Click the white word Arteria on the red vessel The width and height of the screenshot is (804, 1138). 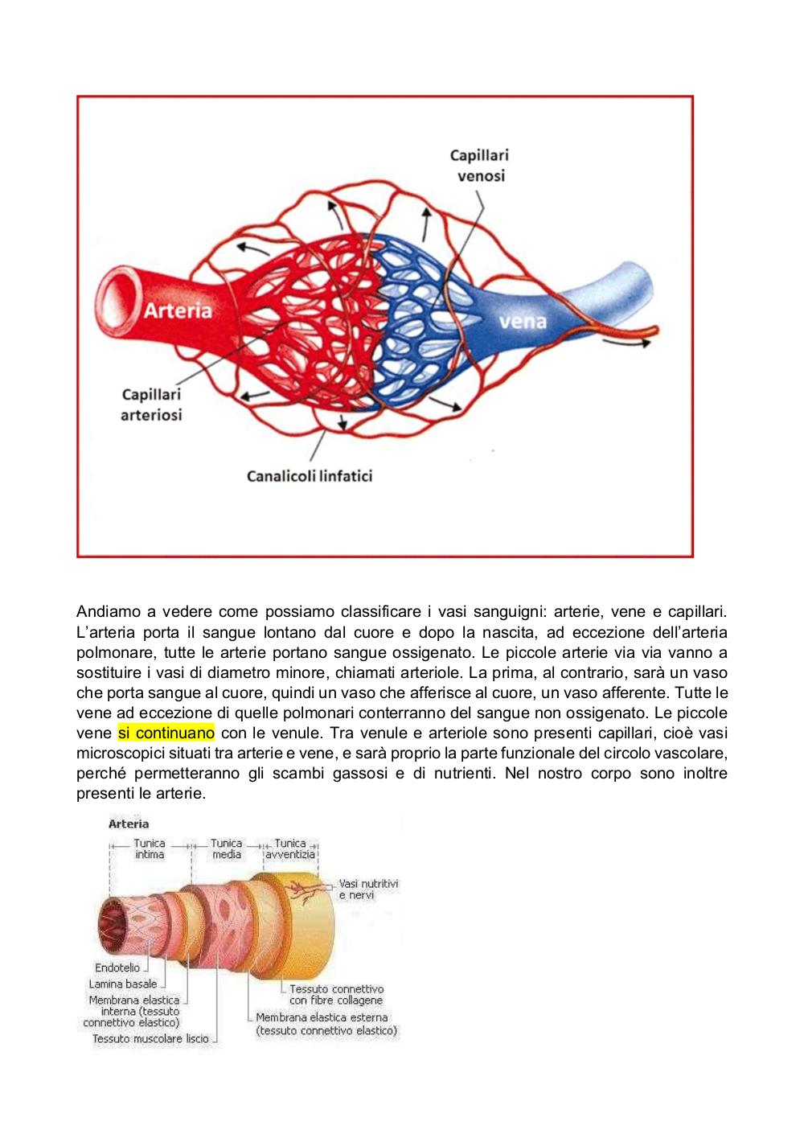pyautogui.click(x=178, y=310)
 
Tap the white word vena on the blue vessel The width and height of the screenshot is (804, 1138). pyautogui.click(x=523, y=321)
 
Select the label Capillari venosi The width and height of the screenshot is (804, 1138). pyautogui.click(x=480, y=166)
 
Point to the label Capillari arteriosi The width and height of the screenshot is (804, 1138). pyautogui.click(x=151, y=405)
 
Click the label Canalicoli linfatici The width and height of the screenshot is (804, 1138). pyautogui.click(x=310, y=476)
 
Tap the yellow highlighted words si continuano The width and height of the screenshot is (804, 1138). pyautogui.click(x=166, y=733)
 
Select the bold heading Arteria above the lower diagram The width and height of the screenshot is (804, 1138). pyautogui.click(x=129, y=824)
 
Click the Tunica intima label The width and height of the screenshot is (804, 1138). pyautogui.click(x=150, y=848)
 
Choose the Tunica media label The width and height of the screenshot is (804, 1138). pyautogui.click(x=227, y=848)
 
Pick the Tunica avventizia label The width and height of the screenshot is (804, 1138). pyautogui.click(x=290, y=848)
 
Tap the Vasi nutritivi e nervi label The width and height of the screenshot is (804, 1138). pyautogui.click(x=368, y=889)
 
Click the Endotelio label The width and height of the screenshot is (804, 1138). pyautogui.click(x=117, y=968)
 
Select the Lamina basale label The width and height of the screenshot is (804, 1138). pyautogui.click(x=123, y=984)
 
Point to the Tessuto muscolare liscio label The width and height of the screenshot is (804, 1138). pyautogui.click(x=150, y=1038)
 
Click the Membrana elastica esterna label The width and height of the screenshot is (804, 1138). pyautogui.click(x=326, y=1024)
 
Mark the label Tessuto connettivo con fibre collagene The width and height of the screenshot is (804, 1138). pyautogui.click(x=336, y=994)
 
